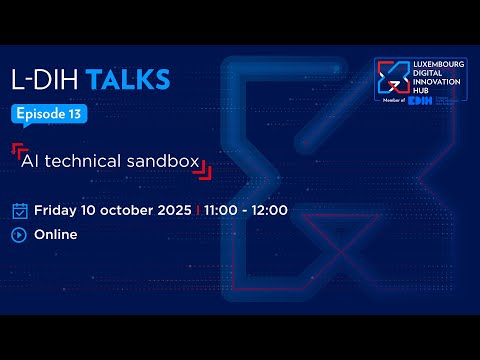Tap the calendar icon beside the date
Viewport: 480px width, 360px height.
click(19, 210)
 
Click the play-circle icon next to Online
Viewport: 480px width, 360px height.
click(19, 235)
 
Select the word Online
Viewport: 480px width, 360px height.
click(56, 235)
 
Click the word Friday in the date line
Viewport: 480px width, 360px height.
click(56, 210)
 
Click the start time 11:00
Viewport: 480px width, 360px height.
click(225, 210)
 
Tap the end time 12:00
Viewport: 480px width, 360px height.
click(269, 210)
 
